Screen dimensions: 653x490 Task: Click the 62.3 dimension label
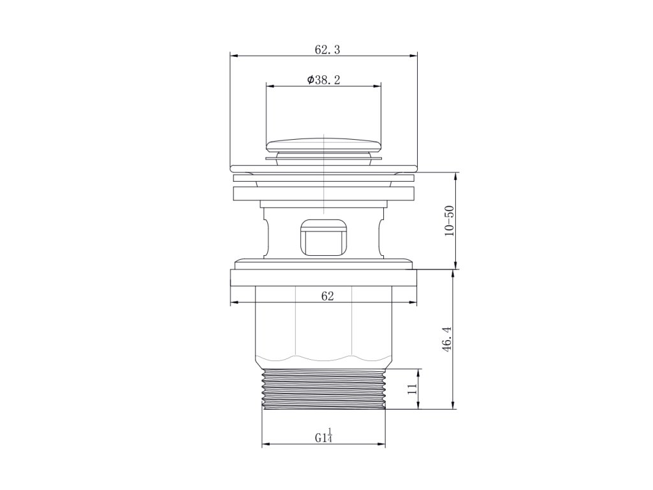click(x=327, y=50)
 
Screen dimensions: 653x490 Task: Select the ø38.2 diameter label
click(x=323, y=80)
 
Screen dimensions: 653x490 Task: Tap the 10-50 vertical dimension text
click(x=450, y=221)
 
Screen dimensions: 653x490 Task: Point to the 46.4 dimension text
click(x=447, y=339)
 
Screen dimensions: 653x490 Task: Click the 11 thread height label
click(x=413, y=390)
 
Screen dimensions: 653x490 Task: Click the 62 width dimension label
click(x=328, y=296)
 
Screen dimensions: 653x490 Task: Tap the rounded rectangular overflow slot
click(x=323, y=237)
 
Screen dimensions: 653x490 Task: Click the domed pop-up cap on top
click(x=323, y=145)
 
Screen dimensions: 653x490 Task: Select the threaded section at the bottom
click(x=324, y=389)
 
